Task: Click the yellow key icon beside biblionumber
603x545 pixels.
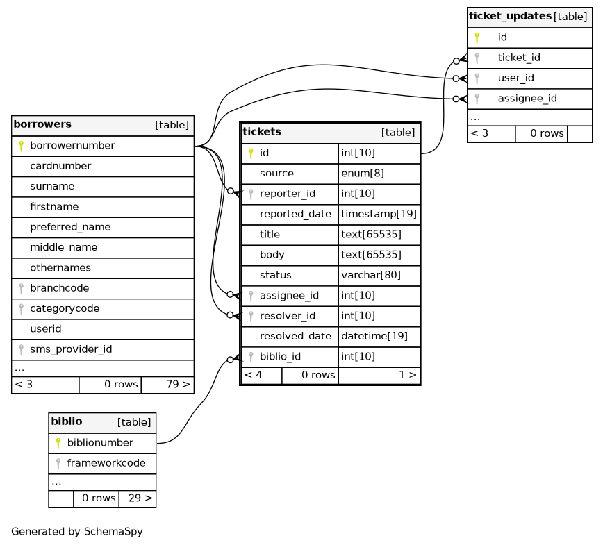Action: (58, 443)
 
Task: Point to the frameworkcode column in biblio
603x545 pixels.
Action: (106, 463)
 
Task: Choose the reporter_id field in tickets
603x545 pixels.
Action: (287, 194)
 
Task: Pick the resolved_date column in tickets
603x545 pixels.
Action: (295, 336)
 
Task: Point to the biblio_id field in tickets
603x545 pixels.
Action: (280, 357)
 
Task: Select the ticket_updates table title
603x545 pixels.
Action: (510, 16)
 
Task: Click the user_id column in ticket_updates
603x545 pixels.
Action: (515, 78)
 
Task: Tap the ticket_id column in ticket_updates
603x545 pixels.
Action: (518, 58)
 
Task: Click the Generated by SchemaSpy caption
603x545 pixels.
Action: (77, 532)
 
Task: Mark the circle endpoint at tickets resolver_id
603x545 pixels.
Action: (230, 315)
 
